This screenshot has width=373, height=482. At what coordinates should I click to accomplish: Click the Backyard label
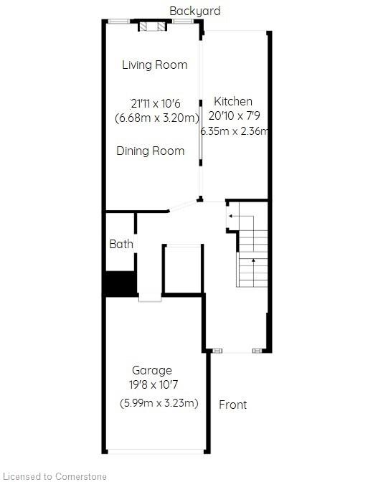pos(195,11)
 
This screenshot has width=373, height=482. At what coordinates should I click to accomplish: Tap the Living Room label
pos(155,65)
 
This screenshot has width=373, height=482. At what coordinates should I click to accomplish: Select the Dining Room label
pos(151,151)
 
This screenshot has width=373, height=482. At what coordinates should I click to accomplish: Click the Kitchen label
pos(233,101)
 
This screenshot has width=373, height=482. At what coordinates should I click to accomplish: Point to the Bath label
pos(121,244)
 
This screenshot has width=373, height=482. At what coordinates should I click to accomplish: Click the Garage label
pos(152,370)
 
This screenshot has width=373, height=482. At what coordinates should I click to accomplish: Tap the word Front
pos(233,405)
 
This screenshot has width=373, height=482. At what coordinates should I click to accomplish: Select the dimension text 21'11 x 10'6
pos(155,103)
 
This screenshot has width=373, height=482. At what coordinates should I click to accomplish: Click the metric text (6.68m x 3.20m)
pos(157,118)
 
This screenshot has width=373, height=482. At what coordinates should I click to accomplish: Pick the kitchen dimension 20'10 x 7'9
pos(235,116)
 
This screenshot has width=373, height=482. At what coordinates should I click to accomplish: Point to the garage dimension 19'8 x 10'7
pos(154,385)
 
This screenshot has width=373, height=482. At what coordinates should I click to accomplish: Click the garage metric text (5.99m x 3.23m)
pos(159,402)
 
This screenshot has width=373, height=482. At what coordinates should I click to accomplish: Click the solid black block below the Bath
pos(121,283)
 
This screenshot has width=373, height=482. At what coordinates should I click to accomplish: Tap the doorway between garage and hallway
pos(150,297)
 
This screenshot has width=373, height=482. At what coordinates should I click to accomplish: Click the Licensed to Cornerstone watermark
pos(54,476)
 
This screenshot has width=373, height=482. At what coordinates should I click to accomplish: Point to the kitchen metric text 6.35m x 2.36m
pos(235,131)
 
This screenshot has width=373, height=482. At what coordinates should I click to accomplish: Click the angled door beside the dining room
pos(183,206)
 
